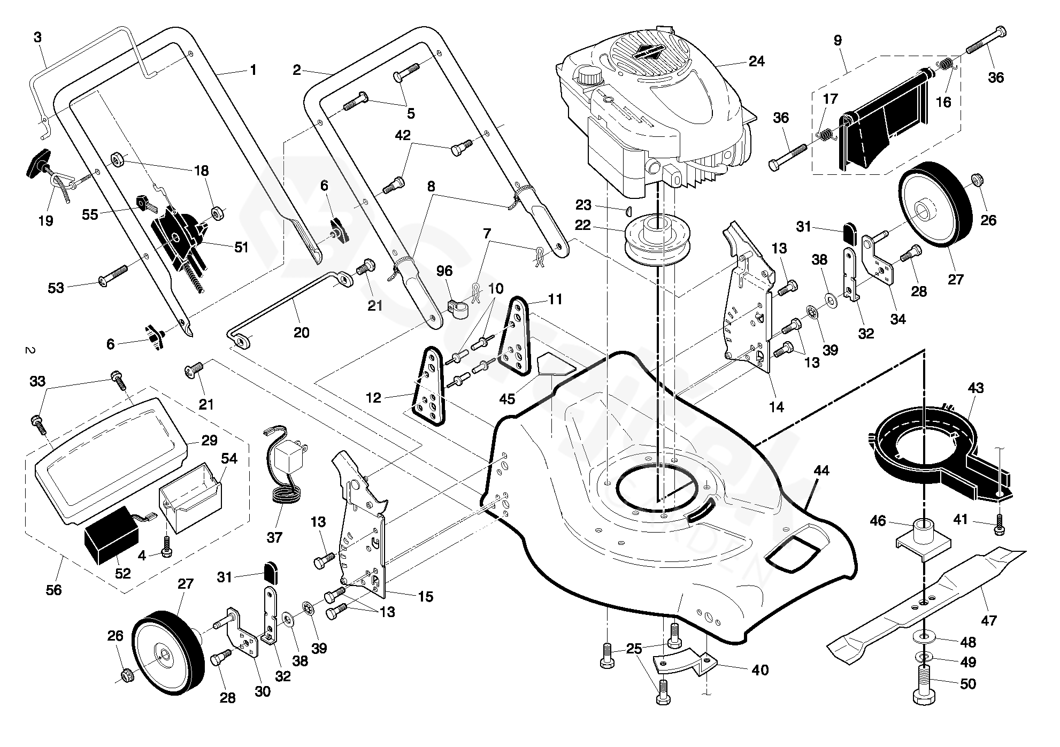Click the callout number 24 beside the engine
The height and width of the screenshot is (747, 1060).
(x=756, y=61)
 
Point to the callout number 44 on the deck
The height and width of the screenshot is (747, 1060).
(x=821, y=471)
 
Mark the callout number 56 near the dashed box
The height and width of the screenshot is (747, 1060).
(x=54, y=590)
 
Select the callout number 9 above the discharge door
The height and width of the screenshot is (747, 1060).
(x=838, y=40)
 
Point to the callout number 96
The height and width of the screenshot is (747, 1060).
(x=444, y=271)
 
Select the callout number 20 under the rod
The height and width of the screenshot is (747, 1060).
(x=302, y=332)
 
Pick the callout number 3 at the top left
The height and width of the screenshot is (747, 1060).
(x=37, y=37)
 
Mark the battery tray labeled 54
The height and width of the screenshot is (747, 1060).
(x=191, y=497)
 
